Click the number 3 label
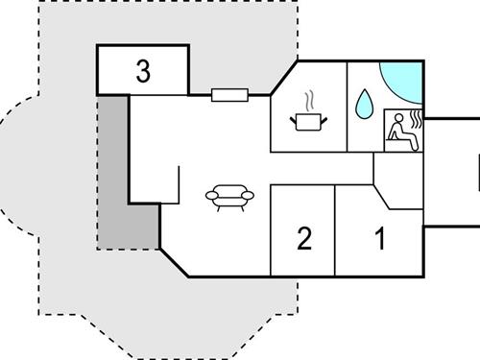143,71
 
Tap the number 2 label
304,237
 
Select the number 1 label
379,237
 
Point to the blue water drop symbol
364,105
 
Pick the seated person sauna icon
402,130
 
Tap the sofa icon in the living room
229,197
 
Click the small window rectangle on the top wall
229,94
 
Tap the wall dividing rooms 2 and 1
335,230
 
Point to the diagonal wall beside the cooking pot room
284,78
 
